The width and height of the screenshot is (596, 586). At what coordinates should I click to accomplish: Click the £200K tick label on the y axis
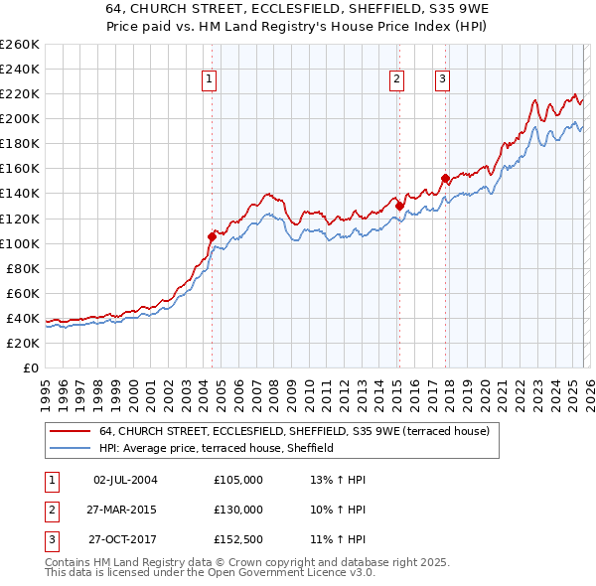(20, 118)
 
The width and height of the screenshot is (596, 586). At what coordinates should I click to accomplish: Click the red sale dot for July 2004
(212, 236)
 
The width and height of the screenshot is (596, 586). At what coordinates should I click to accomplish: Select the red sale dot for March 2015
(399, 206)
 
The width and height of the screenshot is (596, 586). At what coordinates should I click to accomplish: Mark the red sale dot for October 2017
(445, 178)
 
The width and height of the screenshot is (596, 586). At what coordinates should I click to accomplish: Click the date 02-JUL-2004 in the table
(125, 480)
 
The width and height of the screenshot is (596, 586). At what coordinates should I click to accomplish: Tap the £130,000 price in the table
(238, 509)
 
